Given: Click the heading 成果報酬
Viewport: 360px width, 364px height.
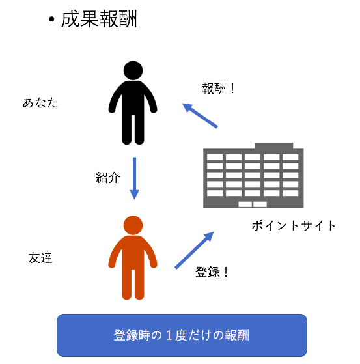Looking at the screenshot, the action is tap(99, 19).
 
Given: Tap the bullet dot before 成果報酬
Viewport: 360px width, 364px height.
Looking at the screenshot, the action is tap(51, 20).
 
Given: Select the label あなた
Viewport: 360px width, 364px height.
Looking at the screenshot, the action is tap(40, 103).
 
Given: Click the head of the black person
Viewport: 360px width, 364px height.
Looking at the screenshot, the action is tap(133, 70).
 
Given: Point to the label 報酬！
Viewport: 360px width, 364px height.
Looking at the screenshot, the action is tap(219, 89).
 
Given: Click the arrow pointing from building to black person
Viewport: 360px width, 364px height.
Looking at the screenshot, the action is tap(200, 115).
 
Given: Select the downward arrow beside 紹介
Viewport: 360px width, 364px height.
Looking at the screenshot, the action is tap(134, 178).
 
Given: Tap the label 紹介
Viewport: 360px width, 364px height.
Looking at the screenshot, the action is tap(108, 178).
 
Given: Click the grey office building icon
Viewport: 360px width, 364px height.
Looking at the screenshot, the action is tap(253, 175).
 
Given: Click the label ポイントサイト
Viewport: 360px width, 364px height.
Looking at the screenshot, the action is tap(294, 226).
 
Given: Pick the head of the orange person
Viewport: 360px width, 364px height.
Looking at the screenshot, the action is tap(133, 225).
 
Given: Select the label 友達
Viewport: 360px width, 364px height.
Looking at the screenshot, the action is tap(40, 258).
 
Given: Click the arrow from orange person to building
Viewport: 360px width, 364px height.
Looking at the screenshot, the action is tap(194, 250).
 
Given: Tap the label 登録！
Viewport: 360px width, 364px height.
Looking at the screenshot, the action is tap(212, 272).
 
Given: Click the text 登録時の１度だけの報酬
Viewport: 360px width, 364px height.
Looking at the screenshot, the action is tap(182, 335).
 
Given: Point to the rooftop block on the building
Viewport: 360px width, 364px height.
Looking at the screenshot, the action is tap(273, 146).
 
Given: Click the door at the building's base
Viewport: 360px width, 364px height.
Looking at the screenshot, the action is tap(253, 204).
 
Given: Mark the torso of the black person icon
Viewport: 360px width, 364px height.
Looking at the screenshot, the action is tap(133, 98).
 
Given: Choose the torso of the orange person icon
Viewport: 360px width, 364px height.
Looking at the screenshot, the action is tap(133, 253).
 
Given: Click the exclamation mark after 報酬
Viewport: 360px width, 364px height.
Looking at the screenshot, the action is tap(232, 89).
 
